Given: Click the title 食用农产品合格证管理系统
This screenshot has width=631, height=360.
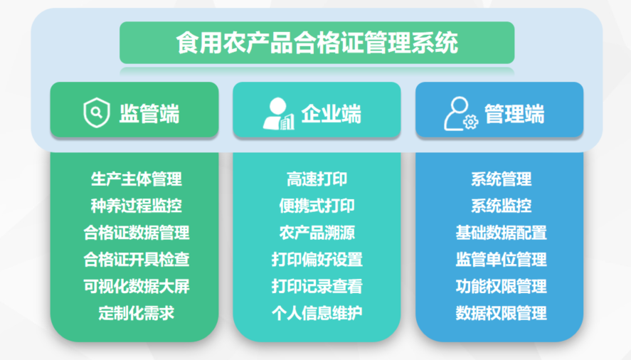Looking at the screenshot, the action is tap(317, 43).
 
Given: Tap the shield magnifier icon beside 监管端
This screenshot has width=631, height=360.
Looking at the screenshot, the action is tap(97, 112).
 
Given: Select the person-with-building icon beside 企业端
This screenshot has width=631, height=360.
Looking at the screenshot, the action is tap(278, 114).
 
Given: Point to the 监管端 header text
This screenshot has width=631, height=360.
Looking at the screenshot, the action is tap(149, 114).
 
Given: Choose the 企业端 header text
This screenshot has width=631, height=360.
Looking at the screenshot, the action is tap(332, 114).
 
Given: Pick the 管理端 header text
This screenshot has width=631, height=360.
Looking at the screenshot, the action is tap(514, 114).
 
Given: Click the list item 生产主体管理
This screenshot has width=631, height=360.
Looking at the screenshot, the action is tap(137, 179).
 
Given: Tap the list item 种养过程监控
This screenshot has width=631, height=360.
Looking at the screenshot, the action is tap(137, 206).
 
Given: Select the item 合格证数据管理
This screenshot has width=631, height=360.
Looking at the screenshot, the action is tap(137, 233).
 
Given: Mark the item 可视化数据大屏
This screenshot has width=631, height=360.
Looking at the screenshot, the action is tap(137, 286).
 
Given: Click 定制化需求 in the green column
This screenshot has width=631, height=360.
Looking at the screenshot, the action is tap(137, 313).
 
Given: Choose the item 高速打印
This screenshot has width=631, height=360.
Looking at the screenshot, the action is tap(317, 179).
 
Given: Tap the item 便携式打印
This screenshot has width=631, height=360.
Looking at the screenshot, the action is tap(317, 206).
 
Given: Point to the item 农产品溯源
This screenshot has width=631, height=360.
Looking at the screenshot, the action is tap(317, 233).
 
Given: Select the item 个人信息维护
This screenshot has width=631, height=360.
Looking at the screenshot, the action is tap(317, 313).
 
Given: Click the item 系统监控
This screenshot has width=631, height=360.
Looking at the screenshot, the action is tap(502, 206).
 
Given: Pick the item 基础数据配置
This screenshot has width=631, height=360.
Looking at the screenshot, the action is tap(502, 233).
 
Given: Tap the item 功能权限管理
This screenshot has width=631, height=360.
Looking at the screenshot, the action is tap(502, 286).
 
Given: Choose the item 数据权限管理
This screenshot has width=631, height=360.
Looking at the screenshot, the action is tap(502, 313).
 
